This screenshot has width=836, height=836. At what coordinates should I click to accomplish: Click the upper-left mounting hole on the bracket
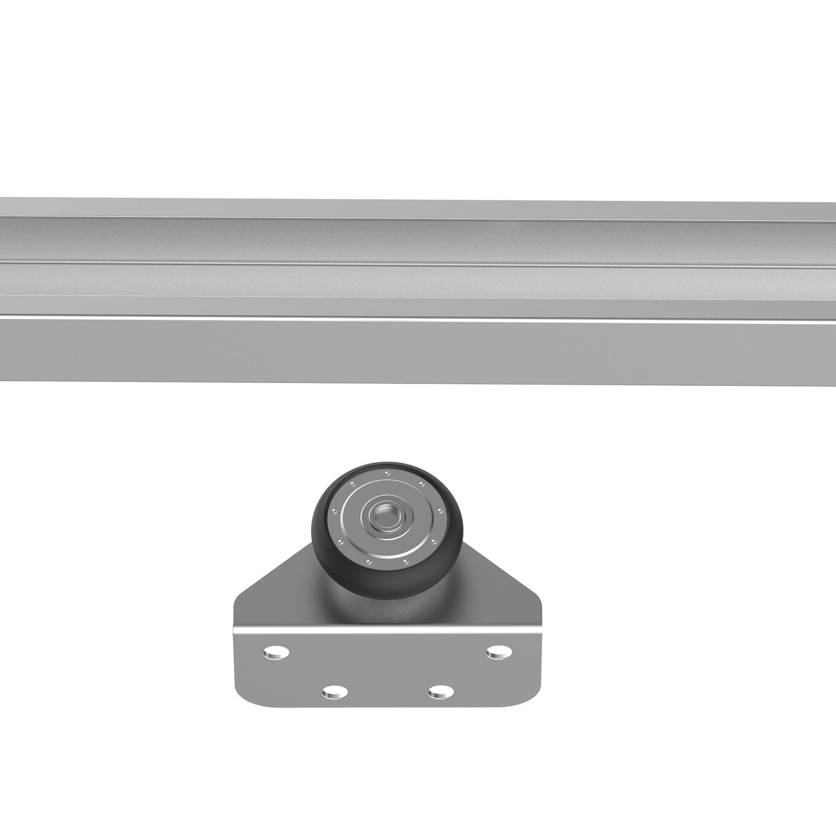tap(277, 654)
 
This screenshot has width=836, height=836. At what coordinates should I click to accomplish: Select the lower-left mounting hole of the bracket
tap(334, 691)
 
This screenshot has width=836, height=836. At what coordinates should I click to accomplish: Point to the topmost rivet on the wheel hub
tap(387, 474)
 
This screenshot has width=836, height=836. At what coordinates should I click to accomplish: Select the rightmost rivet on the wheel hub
tap(440, 511)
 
